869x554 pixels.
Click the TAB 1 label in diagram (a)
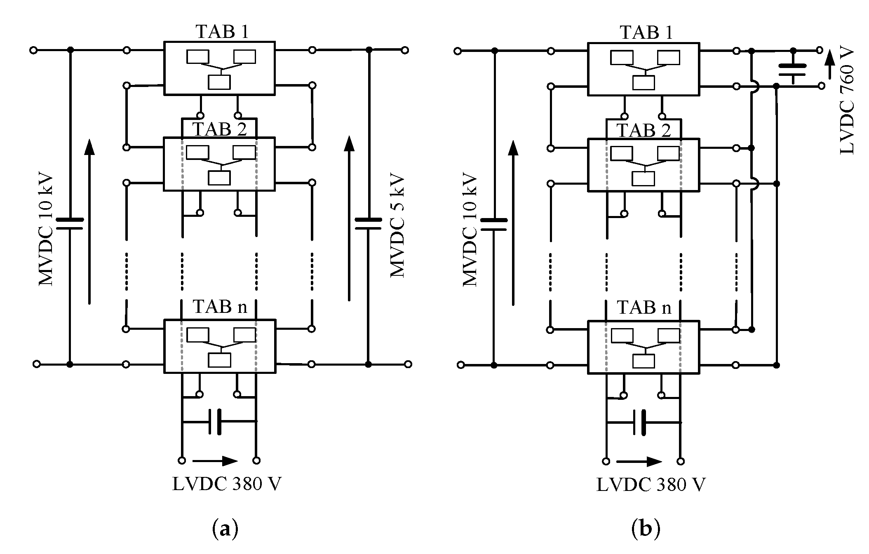pyautogui.click(x=222, y=32)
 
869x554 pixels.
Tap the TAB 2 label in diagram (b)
pyautogui.click(x=644, y=130)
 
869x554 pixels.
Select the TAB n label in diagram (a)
pyautogui.click(x=220, y=307)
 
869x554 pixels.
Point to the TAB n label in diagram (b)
pyautogui.click(x=644, y=308)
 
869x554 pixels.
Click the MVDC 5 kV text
pyautogui.click(x=397, y=227)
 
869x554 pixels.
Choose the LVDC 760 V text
pyautogui.click(x=847, y=101)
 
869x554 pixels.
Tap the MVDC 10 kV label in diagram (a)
pyautogui.click(x=46, y=230)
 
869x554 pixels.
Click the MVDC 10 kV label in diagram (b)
pyautogui.click(x=470, y=230)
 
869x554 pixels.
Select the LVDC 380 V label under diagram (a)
pyautogui.click(x=226, y=484)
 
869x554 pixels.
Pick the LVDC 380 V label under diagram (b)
pyautogui.click(x=651, y=485)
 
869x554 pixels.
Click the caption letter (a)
pyautogui.click(x=225, y=529)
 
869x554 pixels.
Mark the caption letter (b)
pyautogui.click(x=646, y=529)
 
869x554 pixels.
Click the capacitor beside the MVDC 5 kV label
pyautogui.click(x=368, y=223)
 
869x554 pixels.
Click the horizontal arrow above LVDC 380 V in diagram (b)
pyautogui.click(x=639, y=461)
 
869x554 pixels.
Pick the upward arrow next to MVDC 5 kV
pyautogui.click(x=349, y=218)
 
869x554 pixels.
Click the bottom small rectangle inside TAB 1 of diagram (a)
pyautogui.click(x=219, y=82)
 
